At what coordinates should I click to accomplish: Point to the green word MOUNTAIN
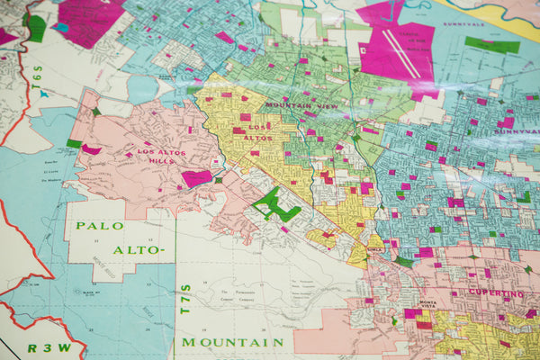click(233, 343)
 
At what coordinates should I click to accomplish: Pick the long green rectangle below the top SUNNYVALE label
click(492, 45)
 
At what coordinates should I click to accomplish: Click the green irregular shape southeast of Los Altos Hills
click(274, 204)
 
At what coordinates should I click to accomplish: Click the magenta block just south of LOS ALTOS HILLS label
click(196, 178)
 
